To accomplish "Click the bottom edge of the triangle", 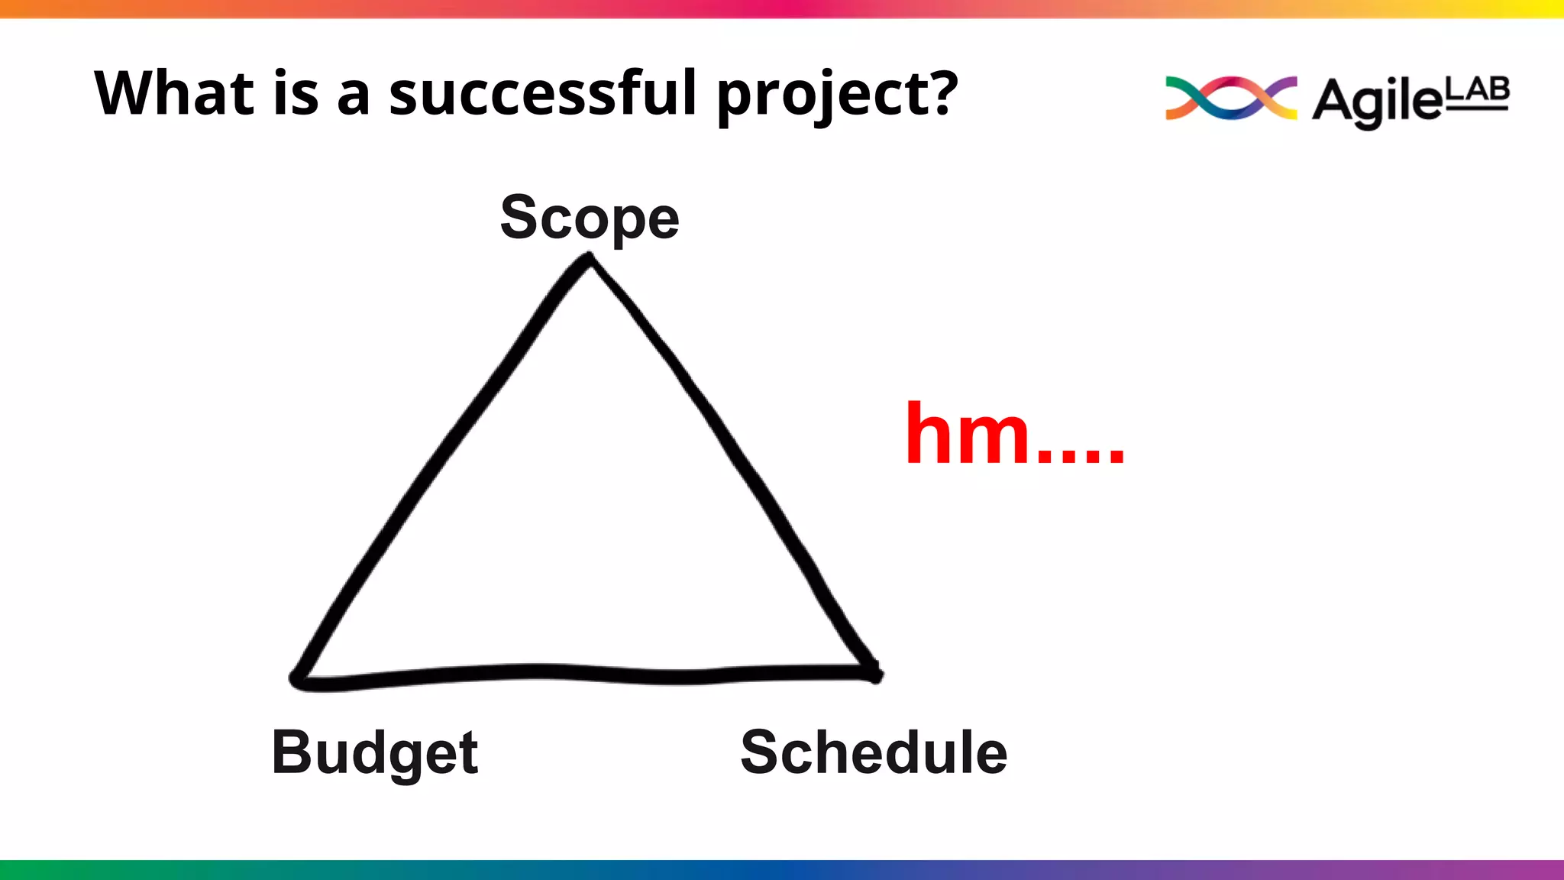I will (588, 674).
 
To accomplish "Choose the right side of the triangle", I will (733, 458).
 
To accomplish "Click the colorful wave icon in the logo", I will (1230, 98).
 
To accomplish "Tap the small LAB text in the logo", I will (1478, 91).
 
